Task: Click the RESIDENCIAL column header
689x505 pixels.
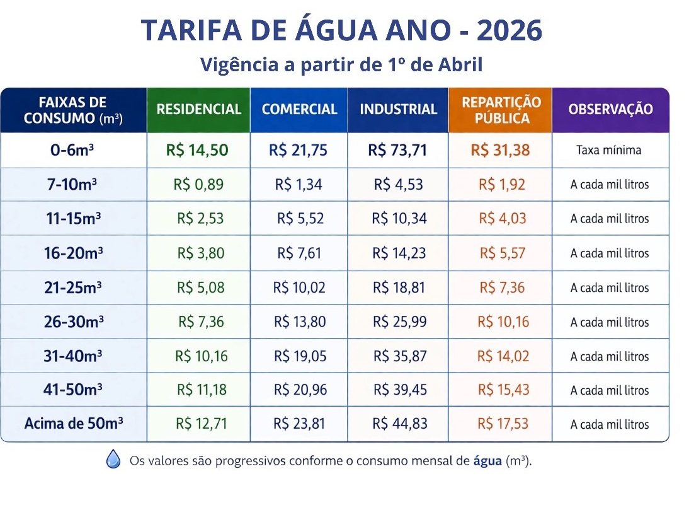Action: click(198, 109)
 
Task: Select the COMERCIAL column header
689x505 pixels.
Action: click(299, 109)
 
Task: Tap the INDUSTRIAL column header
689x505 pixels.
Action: click(398, 109)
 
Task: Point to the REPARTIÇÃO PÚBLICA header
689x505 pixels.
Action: click(501, 110)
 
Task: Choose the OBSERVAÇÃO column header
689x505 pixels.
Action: click(610, 109)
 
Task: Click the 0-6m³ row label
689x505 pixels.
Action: click(73, 151)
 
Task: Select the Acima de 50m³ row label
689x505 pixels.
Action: click(73, 423)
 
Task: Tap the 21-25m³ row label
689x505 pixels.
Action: click(73, 287)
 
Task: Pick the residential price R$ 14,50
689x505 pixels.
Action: click(197, 151)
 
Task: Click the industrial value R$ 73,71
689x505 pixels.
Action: click(397, 151)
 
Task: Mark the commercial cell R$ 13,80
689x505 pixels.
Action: click(300, 322)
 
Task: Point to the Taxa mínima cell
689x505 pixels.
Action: click(608, 151)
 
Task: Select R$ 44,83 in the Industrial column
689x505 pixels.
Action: click(399, 423)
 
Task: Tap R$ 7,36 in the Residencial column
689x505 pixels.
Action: click(201, 322)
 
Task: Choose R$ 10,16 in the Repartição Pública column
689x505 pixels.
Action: click(503, 322)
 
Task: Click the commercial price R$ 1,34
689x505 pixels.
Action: click(299, 185)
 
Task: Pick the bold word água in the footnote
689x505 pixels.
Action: click(487, 460)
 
